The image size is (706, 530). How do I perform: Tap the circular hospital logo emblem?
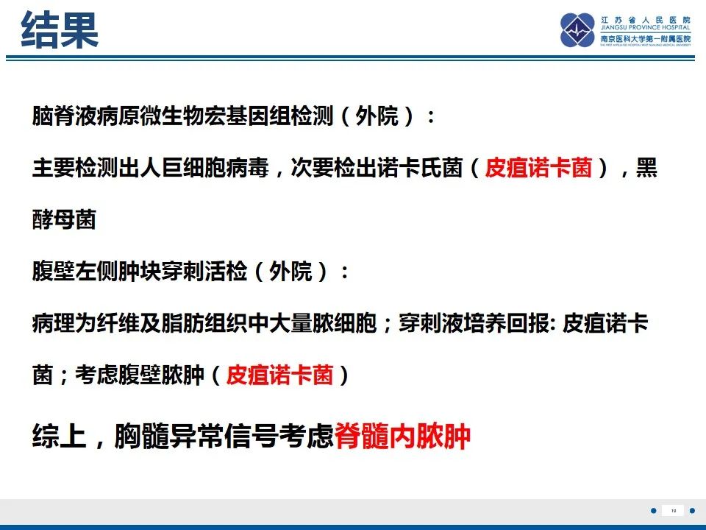point(578,30)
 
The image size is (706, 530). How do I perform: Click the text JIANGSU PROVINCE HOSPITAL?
point(645,27)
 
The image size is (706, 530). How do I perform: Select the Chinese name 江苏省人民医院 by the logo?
point(645,20)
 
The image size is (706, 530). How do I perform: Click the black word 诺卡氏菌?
point(420,168)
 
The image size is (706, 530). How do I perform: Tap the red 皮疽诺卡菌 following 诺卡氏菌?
point(538,168)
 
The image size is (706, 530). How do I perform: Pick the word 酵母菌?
point(65,219)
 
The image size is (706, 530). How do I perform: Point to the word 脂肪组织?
point(204,323)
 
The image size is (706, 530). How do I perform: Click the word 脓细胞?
point(344,323)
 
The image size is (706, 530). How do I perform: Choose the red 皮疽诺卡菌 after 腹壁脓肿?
point(279,375)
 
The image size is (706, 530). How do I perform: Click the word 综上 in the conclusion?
point(59,436)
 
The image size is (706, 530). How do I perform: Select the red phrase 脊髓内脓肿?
point(402,436)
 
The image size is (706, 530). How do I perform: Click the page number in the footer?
point(674,511)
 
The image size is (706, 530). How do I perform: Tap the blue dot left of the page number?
point(654,511)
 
